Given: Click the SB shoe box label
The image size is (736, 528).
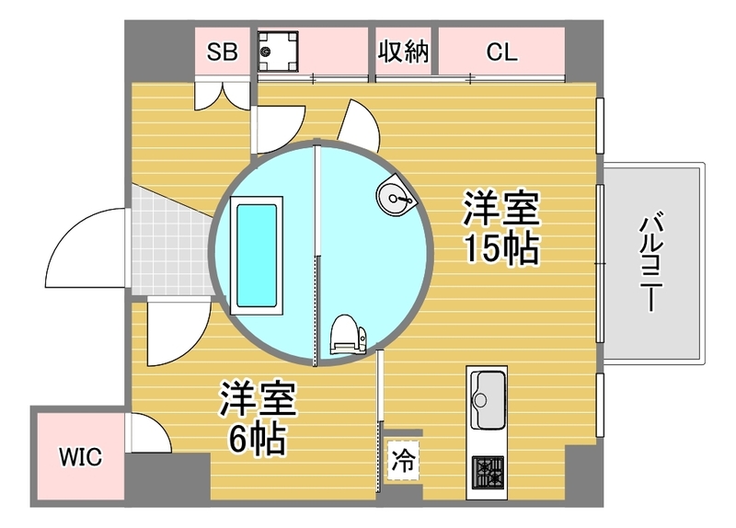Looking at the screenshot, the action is (222, 52).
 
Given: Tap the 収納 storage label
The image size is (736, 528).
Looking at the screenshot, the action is (404, 51).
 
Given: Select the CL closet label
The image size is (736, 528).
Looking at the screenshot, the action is (501, 52).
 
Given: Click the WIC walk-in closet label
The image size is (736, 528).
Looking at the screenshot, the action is (80, 456).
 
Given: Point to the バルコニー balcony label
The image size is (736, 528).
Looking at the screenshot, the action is (651, 262).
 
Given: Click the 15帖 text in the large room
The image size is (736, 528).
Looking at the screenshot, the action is (500, 247).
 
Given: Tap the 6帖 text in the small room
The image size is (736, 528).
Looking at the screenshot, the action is (258, 439).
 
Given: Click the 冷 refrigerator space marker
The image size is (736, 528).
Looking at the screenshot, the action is (403, 460).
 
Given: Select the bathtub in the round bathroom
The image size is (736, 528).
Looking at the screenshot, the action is (257, 256).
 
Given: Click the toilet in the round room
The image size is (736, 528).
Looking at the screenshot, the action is (348, 335).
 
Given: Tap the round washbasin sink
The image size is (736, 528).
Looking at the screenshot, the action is (396, 196).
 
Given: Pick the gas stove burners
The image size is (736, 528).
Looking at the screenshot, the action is (488, 472).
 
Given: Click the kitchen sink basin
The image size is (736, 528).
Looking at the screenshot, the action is (488, 399).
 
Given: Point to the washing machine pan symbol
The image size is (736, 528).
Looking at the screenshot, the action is (278, 52).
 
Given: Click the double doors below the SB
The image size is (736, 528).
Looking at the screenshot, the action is (222, 97).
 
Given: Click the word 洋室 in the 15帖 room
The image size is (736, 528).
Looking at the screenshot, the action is (500, 208).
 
